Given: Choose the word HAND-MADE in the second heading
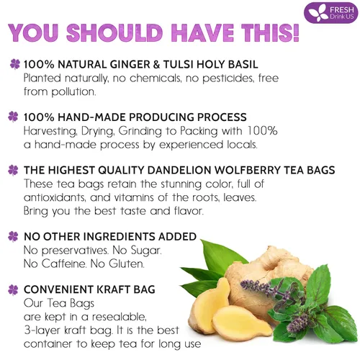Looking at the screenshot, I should pyautogui.click(x=94, y=117).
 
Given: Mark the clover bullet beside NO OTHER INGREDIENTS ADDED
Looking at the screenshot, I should pyautogui.click(x=14, y=236).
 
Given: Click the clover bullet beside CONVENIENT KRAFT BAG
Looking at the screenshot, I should pyautogui.click(x=14, y=289).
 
